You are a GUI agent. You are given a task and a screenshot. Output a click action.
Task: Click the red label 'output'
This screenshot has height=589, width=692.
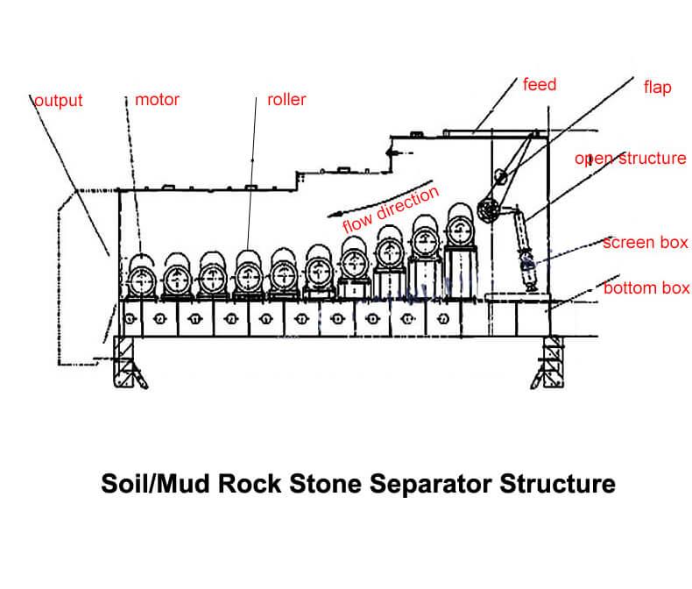pyautogui.click(x=58, y=101)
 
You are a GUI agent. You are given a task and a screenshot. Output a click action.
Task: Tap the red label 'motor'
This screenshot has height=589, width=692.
pyautogui.click(x=158, y=100)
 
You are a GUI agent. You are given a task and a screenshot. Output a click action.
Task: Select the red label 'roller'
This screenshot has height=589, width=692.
pyautogui.click(x=286, y=100)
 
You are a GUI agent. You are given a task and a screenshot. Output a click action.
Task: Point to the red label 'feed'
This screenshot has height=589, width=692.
pyautogui.click(x=540, y=85)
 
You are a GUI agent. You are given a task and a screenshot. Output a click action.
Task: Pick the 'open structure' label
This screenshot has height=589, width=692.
pyautogui.click(x=630, y=159)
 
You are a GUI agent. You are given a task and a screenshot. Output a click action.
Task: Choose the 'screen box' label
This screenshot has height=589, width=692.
pyautogui.click(x=646, y=242)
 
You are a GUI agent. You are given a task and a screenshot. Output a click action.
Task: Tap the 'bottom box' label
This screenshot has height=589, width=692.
pyautogui.click(x=646, y=287)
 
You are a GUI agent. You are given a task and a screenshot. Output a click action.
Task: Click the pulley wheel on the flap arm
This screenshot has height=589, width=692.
pyautogui.click(x=489, y=209)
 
